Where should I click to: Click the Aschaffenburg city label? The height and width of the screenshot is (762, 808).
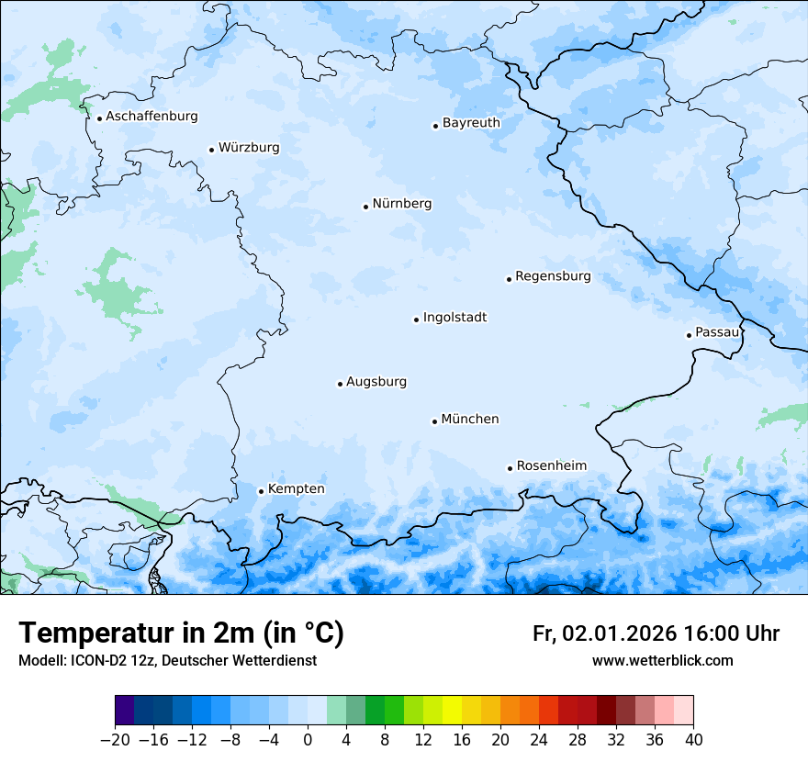pos(151,117)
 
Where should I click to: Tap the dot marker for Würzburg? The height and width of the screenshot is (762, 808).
pos(211,150)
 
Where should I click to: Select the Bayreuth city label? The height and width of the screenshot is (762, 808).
pos(471,123)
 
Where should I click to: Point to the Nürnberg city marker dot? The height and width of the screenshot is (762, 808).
pos(365,207)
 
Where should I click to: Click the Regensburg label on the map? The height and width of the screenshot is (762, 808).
pos(553,276)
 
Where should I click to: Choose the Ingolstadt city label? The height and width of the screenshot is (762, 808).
pos(454,318)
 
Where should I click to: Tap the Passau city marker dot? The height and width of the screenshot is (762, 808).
pos(689,335)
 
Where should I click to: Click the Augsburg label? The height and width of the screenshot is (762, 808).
pos(376,382)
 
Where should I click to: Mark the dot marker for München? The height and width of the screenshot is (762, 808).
pos(434,421)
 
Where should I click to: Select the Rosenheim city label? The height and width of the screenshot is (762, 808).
pos(551,466)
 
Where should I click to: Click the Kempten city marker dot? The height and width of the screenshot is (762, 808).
pos(261,491)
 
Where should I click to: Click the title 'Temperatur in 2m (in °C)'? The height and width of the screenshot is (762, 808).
pos(182,633)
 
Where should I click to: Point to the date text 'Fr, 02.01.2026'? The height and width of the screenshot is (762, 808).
pos(605,634)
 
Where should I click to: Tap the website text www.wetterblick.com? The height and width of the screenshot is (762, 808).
pos(662,661)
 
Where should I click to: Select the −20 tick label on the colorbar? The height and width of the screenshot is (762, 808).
pos(115,740)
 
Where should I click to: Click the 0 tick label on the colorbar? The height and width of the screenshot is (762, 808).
pos(308,740)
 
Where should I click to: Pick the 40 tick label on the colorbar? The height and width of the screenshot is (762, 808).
pos(693,740)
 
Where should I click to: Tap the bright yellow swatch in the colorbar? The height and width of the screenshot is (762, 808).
pos(452,711)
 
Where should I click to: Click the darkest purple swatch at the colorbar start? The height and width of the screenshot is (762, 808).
pos(125,711)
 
